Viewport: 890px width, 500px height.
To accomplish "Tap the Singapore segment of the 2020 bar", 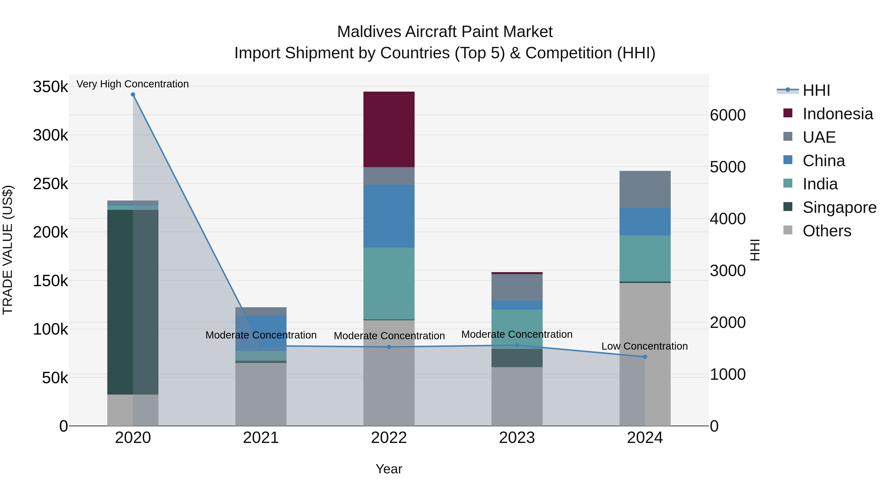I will (x=120, y=302).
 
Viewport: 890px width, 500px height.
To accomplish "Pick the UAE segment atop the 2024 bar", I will (x=645, y=189).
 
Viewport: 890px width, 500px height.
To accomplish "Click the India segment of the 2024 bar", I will (x=645, y=259).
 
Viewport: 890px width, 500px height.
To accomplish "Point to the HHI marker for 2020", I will (x=133, y=95).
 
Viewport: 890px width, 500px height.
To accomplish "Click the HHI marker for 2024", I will (x=645, y=357).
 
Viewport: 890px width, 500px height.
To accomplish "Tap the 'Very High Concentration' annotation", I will (x=133, y=84).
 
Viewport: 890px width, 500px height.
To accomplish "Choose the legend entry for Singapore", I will (x=839, y=207).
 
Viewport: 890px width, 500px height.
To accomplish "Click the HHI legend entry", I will (x=816, y=90).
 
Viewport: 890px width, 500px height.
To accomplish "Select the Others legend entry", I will (x=826, y=231).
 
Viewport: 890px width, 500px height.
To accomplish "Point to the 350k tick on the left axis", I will (x=50, y=87).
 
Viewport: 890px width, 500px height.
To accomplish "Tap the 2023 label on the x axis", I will (x=517, y=438).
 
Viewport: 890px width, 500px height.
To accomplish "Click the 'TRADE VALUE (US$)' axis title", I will (x=8, y=250).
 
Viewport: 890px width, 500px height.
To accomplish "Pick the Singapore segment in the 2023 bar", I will (x=517, y=358).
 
